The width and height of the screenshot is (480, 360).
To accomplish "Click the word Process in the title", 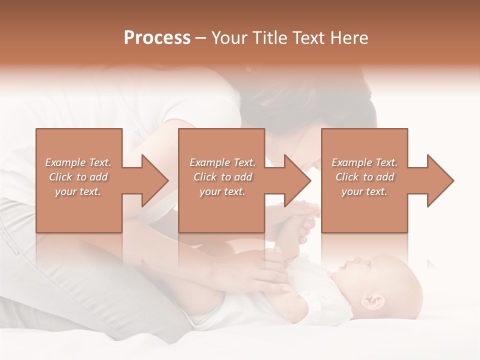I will pyautogui.click(x=157, y=38).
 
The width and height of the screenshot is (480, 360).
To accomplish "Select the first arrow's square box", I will pyautogui.click(x=79, y=210).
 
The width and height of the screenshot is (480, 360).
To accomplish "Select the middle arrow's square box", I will pyautogui.click(x=221, y=210).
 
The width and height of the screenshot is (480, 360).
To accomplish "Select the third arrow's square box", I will pyautogui.click(x=364, y=210).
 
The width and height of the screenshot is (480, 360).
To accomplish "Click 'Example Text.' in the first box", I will pyautogui.click(x=78, y=162).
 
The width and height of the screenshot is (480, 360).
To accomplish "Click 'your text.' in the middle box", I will pyautogui.click(x=222, y=191).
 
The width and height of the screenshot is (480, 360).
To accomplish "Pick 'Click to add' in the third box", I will pyautogui.click(x=365, y=177).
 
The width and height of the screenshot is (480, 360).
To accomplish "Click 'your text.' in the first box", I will pyautogui.click(x=78, y=191).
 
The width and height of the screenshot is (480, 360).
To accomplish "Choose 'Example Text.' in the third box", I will pyautogui.click(x=364, y=162).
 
